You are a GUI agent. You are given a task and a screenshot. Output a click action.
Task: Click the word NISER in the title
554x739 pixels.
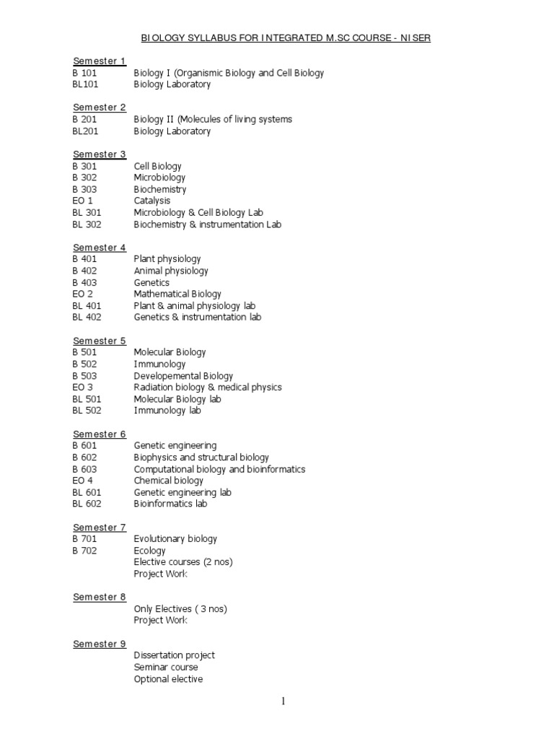point(414,38)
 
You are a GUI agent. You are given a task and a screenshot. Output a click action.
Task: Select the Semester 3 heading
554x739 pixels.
point(100,154)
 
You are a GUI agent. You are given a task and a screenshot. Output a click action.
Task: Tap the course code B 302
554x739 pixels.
point(84,178)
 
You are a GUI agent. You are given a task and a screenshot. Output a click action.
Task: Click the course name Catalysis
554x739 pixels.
point(152,201)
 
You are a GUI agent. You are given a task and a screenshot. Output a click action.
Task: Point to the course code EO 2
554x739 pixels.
point(82,294)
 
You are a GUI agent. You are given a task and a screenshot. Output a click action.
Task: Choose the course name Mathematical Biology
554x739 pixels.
point(177,294)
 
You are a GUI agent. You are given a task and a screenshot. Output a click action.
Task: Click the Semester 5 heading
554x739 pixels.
point(100,341)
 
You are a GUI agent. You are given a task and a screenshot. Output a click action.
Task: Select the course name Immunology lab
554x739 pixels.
point(167,411)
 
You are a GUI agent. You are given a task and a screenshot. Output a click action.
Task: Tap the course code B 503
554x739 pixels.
point(84,376)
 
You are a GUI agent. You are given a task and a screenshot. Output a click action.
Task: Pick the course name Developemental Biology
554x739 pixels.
point(183,376)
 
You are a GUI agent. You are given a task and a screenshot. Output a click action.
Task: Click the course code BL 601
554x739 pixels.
point(87,492)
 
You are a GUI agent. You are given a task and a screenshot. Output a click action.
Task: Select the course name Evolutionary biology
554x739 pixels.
point(175,539)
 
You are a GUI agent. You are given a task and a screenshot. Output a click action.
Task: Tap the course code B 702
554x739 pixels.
point(84,551)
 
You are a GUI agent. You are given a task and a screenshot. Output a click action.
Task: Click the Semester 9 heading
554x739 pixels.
point(100,644)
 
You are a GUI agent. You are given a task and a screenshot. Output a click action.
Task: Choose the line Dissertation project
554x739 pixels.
point(175,655)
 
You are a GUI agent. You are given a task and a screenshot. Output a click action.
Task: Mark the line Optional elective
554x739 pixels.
point(168,679)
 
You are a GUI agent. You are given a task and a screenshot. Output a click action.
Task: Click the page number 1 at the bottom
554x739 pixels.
point(283,701)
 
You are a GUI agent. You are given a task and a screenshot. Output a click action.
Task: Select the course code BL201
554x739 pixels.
point(85,131)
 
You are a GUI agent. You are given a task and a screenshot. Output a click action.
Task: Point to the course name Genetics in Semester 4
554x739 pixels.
point(151,282)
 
